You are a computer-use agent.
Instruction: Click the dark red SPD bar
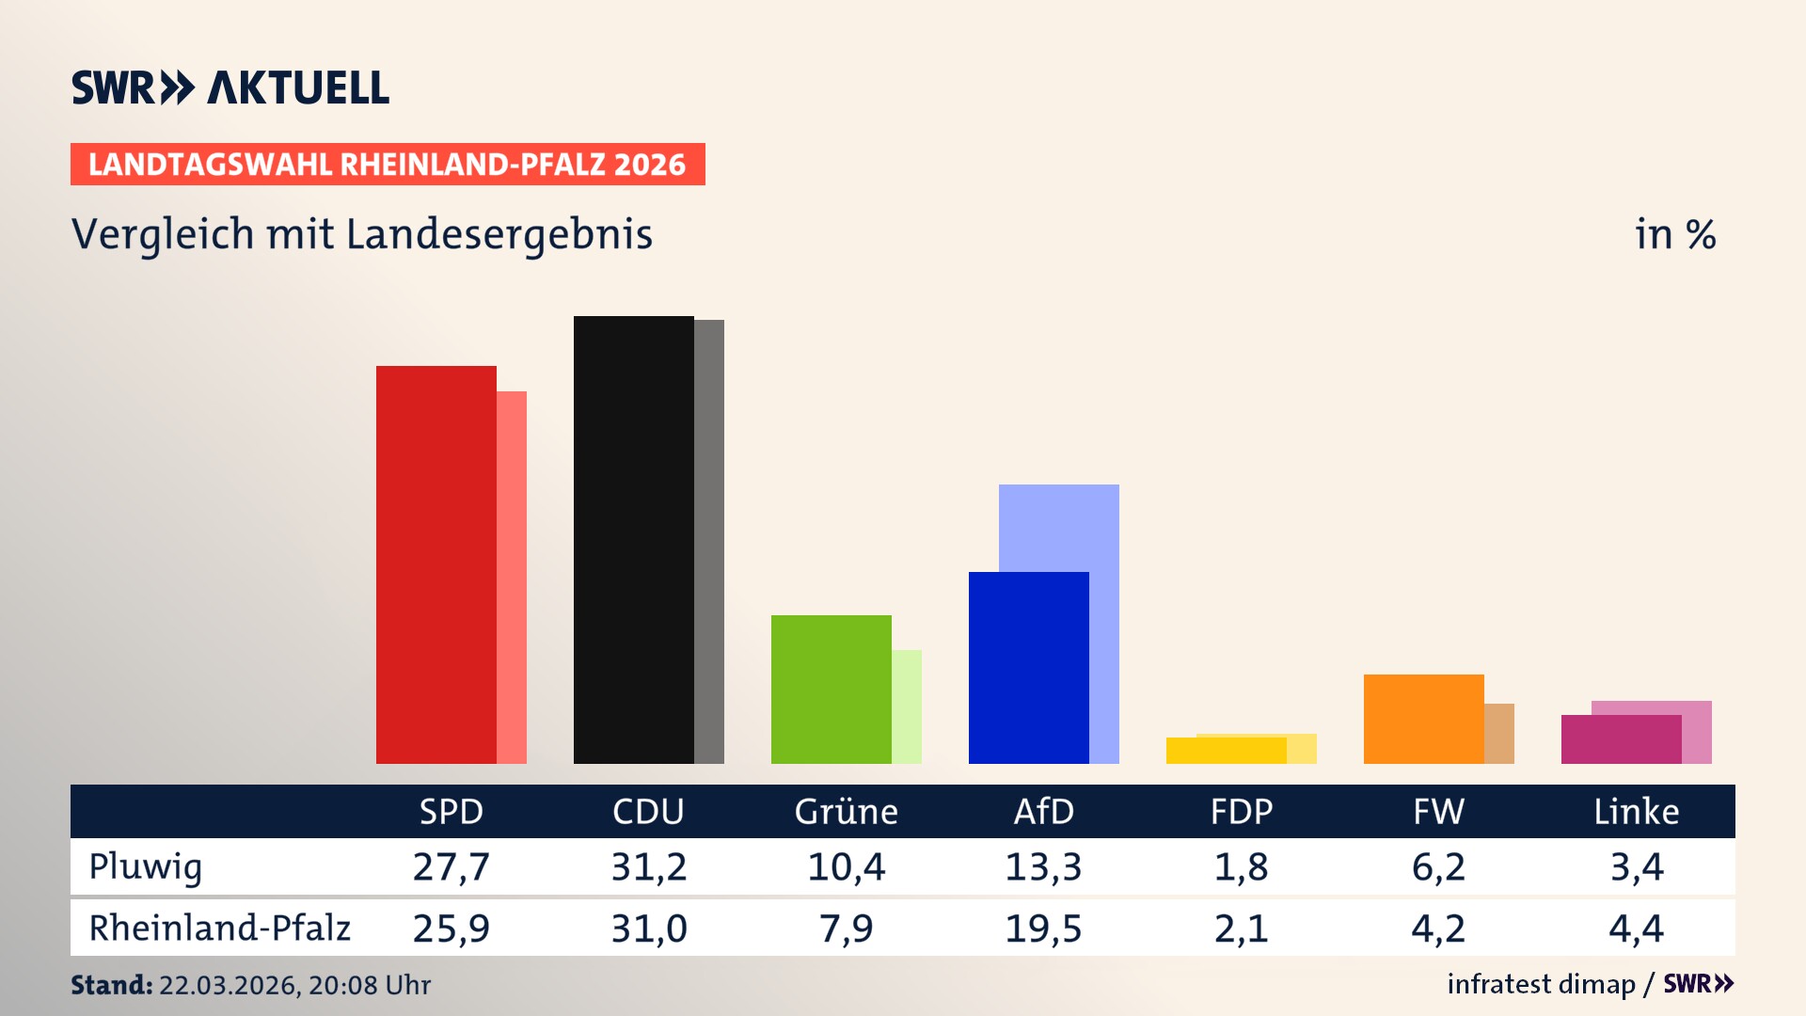[436, 564]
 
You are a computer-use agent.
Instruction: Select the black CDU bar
[633, 540]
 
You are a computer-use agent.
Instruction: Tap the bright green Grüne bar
[831, 689]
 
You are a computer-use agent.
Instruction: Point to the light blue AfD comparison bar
[1059, 527]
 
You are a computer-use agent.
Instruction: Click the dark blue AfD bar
[1028, 668]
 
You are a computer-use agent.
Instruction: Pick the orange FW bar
[1423, 719]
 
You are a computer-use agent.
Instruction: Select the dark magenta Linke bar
[1621, 739]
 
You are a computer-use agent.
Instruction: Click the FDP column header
[1241, 811]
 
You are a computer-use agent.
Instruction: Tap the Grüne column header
[846, 811]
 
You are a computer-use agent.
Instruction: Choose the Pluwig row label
[146, 866]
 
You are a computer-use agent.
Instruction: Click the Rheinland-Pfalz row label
[219, 928]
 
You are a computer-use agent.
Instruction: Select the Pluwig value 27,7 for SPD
[451, 866]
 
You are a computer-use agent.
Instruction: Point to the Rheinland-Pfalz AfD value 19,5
[1043, 929]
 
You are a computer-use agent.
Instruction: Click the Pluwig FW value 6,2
[1438, 866]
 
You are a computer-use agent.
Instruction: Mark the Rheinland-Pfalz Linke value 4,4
[1636, 929]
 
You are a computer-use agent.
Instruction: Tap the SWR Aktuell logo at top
[230, 87]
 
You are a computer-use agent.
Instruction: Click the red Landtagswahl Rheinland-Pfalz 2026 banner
[388, 165]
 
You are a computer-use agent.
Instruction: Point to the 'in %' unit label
[1674, 234]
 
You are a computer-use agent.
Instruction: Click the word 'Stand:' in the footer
[111, 985]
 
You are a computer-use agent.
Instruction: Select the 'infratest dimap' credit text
[1541, 984]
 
